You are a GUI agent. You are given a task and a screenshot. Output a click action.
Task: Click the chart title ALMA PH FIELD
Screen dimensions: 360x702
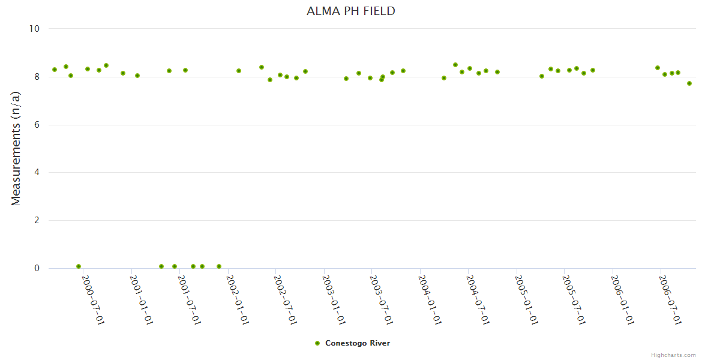click(x=351, y=11)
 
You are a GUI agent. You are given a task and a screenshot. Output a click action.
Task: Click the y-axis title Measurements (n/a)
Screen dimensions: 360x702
click(x=16, y=148)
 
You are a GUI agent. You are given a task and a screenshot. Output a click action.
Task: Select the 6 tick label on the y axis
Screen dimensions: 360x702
click(x=37, y=125)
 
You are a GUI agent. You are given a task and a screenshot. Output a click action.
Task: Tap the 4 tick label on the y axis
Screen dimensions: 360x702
click(x=37, y=173)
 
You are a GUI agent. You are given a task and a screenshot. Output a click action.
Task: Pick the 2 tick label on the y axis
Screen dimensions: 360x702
click(x=37, y=221)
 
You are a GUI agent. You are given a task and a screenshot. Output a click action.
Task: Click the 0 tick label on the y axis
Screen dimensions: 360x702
click(x=37, y=268)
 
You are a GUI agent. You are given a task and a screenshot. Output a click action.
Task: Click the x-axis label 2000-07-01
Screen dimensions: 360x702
click(x=93, y=300)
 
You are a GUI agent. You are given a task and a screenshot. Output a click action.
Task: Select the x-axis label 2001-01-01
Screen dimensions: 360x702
click(x=142, y=300)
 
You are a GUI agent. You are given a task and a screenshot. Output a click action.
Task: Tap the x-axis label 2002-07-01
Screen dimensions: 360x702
click(x=286, y=300)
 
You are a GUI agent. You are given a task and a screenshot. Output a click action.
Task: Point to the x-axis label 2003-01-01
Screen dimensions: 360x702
click(x=334, y=300)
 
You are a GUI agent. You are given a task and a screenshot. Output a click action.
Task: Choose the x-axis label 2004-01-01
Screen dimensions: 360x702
click(x=430, y=300)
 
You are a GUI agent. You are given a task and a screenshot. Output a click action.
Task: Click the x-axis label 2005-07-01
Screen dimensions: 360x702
click(x=574, y=300)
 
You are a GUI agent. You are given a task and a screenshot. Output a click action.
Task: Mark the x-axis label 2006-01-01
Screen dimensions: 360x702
click(x=623, y=300)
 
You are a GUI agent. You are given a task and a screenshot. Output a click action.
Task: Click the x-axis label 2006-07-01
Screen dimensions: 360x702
click(x=671, y=300)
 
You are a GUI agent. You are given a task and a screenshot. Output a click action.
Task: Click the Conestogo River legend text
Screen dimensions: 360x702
click(x=358, y=343)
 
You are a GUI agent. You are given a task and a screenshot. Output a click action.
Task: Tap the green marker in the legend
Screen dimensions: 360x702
click(x=317, y=343)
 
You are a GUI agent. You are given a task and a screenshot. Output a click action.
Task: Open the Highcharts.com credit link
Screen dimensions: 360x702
click(x=673, y=355)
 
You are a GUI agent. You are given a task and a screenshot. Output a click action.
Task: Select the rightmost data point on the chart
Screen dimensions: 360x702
click(x=689, y=83)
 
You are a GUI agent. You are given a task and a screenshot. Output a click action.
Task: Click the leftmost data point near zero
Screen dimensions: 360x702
click(x=79, y=266)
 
